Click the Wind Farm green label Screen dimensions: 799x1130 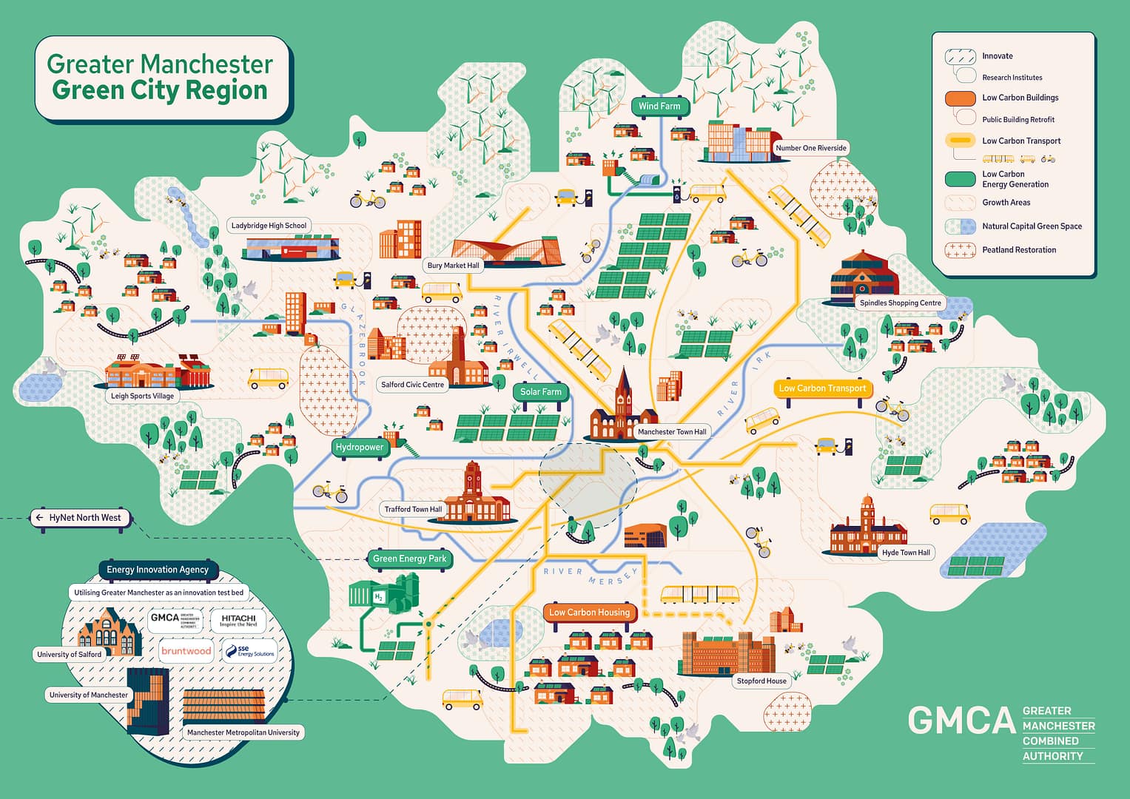pos(659,107)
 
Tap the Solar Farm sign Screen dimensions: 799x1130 pos(540,392)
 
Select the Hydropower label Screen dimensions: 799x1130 pos(360,448)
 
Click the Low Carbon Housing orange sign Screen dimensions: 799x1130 pos(589,613)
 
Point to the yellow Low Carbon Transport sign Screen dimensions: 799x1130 pos(822,388)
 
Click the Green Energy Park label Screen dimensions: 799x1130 pos(409,559)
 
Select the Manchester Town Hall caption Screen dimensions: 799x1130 pos(672,432)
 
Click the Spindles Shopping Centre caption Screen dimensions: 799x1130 pos(900,303)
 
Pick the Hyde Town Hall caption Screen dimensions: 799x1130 pos(906,553)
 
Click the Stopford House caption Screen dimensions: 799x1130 pos(761,681)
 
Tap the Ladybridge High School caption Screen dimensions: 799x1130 pos(269,226)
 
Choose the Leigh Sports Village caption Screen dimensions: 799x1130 pos(142,396)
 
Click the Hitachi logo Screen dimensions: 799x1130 pos(238,620)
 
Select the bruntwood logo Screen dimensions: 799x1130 pos(186,651)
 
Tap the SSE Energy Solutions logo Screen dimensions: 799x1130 pos(250,651)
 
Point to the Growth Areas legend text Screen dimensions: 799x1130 pos(1006,203)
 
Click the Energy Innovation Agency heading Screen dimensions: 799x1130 pos(158,570)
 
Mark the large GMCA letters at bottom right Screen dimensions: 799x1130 pos(961,721)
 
